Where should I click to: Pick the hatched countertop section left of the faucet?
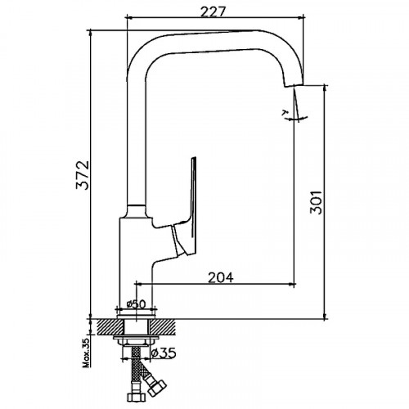tap(106, 326)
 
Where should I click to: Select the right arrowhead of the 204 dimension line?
tap(294, 284)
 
